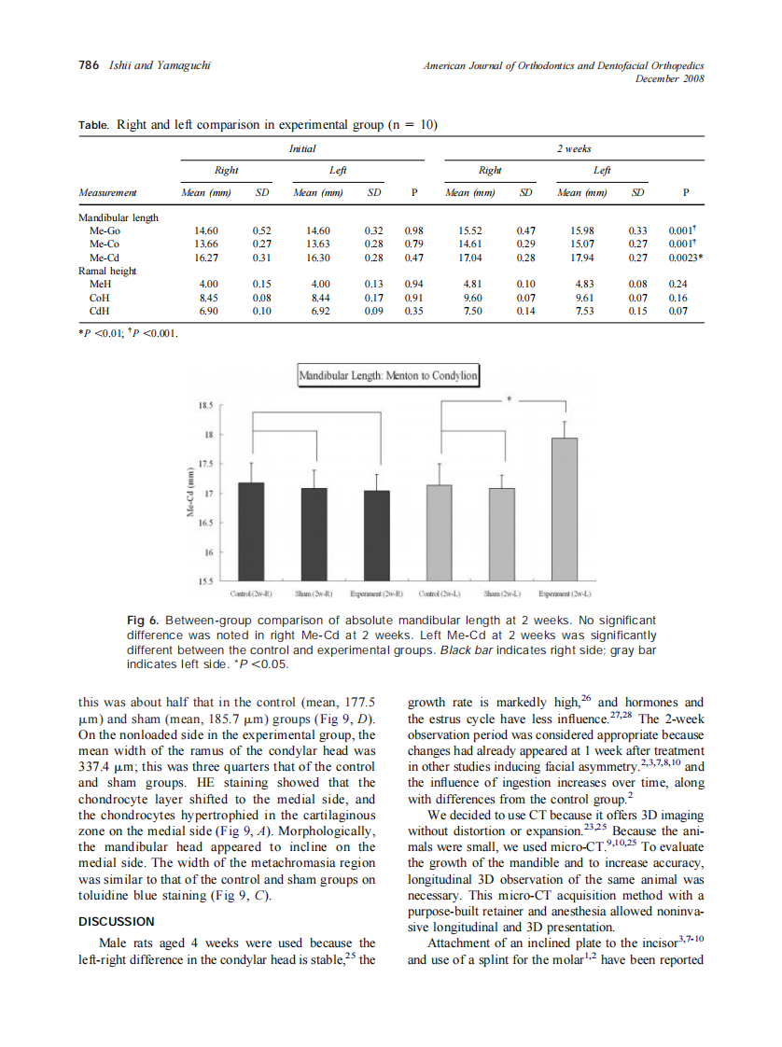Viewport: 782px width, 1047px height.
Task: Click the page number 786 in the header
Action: pos(88,66)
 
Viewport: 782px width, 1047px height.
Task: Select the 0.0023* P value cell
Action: pos(686,257)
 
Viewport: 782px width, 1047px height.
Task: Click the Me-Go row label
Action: pos(102,230)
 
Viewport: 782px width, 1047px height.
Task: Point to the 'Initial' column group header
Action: pos(302,148)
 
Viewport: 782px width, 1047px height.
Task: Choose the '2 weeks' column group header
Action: pos(574,148)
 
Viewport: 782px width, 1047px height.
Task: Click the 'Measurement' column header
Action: pos(107,193)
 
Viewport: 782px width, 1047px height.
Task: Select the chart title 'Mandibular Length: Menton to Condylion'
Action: pos(387,377)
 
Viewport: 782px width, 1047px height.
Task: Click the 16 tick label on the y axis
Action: pos(208,552)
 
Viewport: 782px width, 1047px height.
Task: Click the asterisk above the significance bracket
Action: pos(510,399)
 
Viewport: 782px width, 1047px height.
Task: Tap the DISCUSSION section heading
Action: pos(116,921)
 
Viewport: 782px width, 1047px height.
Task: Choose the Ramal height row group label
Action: pos(108,270)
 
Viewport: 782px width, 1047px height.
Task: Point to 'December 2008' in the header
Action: pos(669,78)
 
